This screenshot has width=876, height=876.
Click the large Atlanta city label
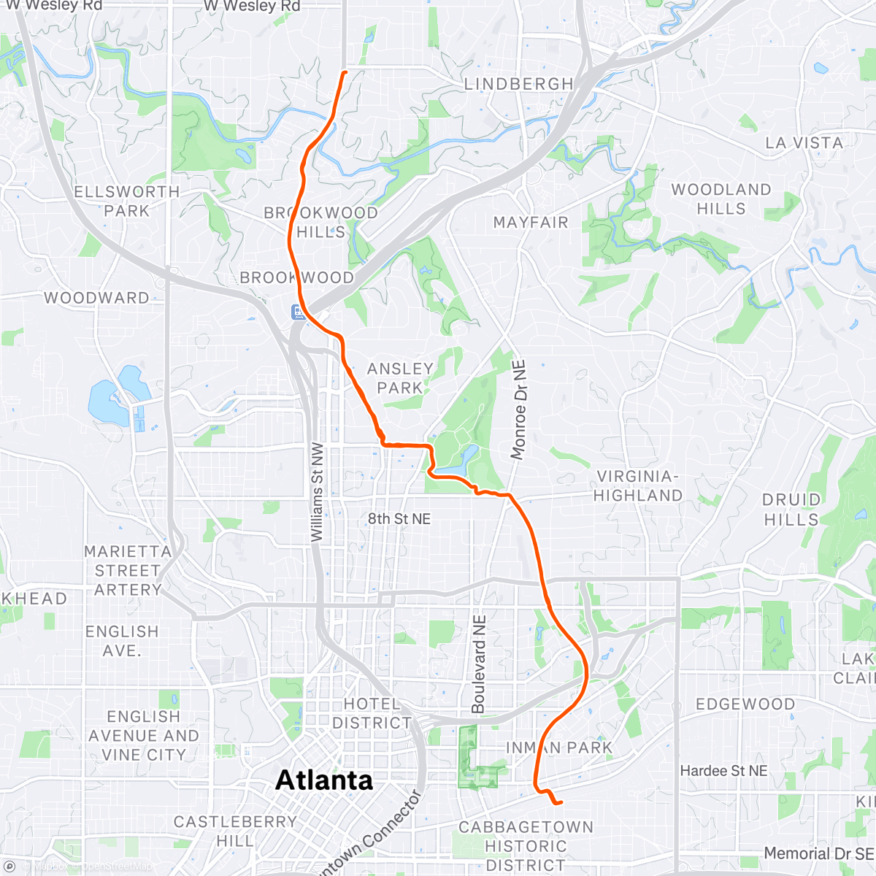[x=324, y=780]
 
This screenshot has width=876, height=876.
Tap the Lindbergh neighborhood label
[x=519, y=85]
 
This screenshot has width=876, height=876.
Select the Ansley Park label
[x=400, y=378]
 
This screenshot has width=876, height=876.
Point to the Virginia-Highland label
[x=637, y=485]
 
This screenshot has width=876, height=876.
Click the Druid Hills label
[x=791, y=510]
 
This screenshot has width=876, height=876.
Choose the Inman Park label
[x=559, y=748]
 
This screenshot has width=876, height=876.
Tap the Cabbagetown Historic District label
[x=526, y=845]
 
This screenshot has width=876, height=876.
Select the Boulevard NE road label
[x=479, y=664]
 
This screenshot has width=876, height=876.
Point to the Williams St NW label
[x=317, y=492]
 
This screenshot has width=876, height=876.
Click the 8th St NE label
[x=399, y=519]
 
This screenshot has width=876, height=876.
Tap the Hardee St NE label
[x=723, y=771]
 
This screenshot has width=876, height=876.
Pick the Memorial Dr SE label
[x=818, y=853]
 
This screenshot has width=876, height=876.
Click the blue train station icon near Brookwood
[x=299, y=312]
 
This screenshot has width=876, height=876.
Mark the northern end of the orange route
[x=344, y=72]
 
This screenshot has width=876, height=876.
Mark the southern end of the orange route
[x=561, y=803]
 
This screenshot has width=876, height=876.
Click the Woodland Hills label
[x=721, y=199]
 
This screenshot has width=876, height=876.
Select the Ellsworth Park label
[x=126, y=201]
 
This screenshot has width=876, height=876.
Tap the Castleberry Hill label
[x=235, y=831]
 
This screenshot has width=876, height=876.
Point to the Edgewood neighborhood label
[x=745, y=704]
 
